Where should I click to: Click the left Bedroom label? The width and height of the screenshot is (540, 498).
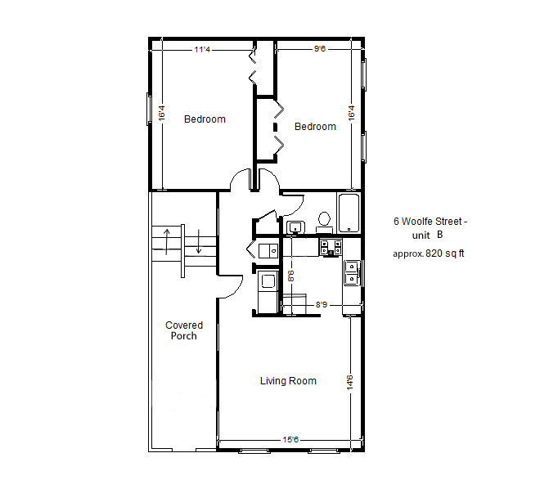tap(205, 119)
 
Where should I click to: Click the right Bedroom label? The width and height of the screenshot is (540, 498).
tap(315, 127)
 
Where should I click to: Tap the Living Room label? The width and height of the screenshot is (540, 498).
tap(288, 381)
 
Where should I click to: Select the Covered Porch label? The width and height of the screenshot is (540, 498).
tap(184, 330)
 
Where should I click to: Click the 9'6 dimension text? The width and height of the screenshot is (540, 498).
tap(320, 49)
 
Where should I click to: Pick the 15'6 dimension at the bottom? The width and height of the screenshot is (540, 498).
tap(290, 440)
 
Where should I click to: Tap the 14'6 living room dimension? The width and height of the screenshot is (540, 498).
tap(349, 382)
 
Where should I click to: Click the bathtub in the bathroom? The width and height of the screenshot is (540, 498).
tap(349, 213)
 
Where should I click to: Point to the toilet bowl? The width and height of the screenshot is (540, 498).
tap(324, 219)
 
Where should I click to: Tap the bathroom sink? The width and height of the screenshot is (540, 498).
tap(295, 227)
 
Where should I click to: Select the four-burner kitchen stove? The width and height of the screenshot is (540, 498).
tap(330, 246)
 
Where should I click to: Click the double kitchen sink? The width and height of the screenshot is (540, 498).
tap(352, 272)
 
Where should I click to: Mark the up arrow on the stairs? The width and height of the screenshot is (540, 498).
tap(168, 242)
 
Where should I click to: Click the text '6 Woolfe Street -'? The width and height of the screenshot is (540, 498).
tap(431, 222)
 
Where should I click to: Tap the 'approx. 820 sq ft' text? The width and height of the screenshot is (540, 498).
tap(429, 253)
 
